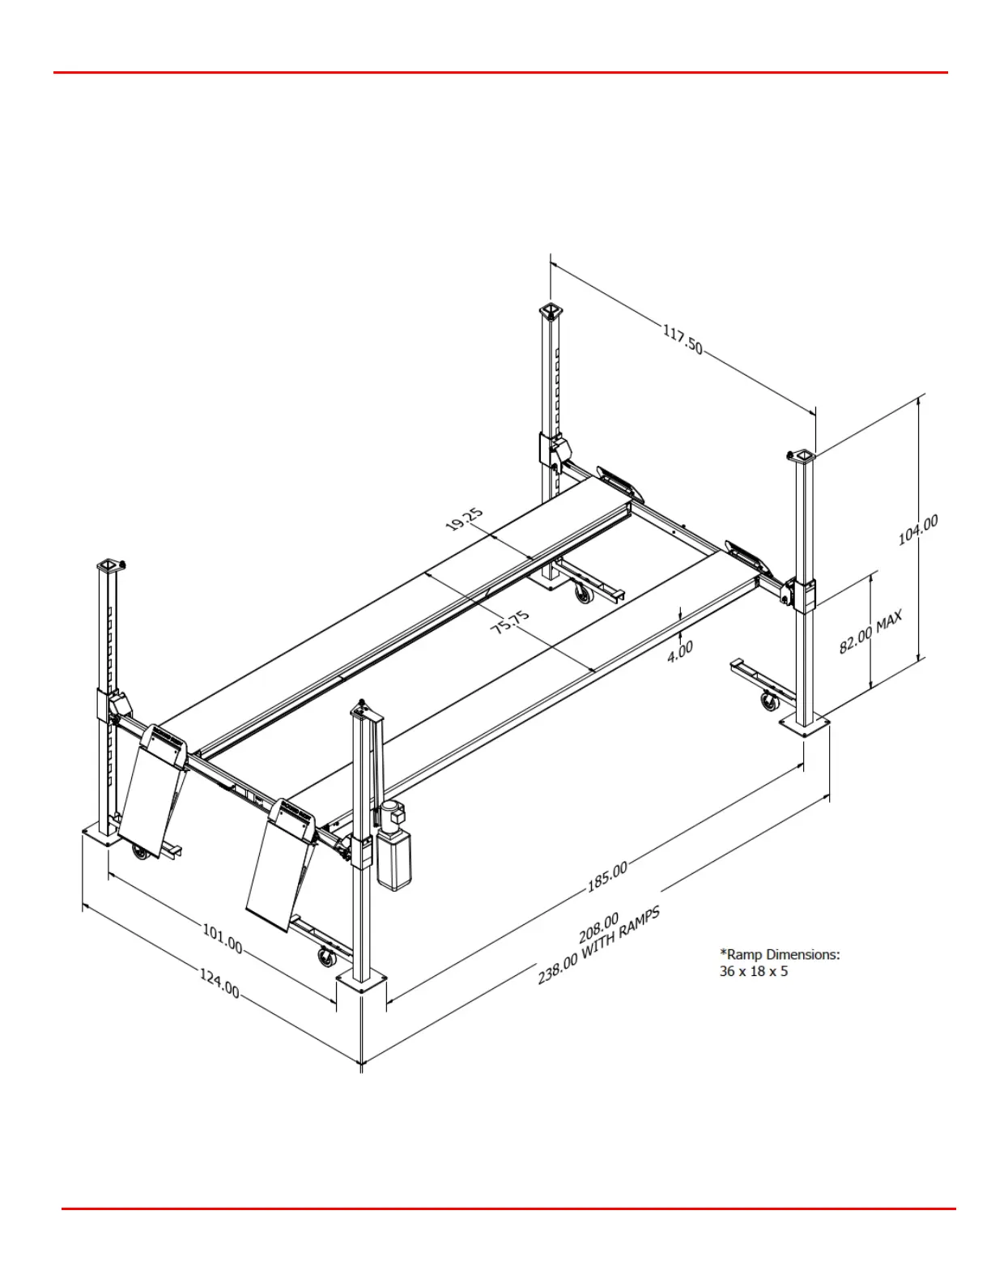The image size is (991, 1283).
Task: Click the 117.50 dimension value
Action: [683, 339]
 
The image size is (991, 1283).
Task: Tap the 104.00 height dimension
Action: [918, 530]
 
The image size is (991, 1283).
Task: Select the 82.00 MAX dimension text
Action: [870, 632]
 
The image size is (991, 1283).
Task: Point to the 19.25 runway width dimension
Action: [465, 519]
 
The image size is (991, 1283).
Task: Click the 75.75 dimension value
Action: [511, 622]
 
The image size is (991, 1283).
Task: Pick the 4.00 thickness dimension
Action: [680, 650]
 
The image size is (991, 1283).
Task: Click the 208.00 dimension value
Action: [599, 928]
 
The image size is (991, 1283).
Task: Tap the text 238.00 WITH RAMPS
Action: [598, 945]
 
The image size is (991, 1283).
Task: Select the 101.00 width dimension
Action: [222, 938]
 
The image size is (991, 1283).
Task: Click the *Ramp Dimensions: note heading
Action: [780, 954]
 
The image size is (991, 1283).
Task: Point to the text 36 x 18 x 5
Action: [753, 971]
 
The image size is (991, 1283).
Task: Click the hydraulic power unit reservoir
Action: [394, 861]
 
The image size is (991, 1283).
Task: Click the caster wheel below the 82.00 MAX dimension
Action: [767, 701]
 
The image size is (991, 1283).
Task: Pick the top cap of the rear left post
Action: [551, 311]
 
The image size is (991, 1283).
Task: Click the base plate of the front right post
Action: [804, 726]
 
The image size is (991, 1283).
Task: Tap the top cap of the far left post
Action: [109, 565]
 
